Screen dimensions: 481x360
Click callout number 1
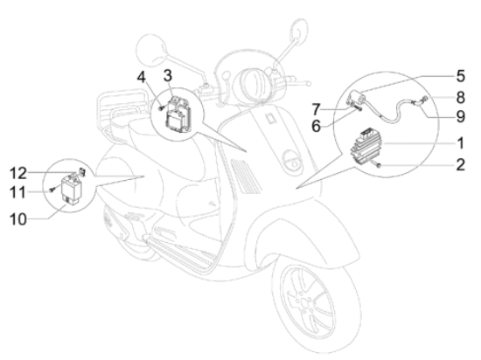(x=460, y=143)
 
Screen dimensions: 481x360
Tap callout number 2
(x=460, y=165)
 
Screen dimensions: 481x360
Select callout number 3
(x=168, y=76)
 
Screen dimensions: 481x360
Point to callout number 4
(x=141, y=77)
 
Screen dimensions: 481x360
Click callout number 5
(x=461, y=76)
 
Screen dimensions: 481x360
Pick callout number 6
(x=316, y=126)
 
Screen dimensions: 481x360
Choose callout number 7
(x=317, y=109)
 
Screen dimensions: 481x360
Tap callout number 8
(x=461, y=98)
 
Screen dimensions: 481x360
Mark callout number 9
(x=461, y=117)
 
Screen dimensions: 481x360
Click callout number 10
(x=18, y=219)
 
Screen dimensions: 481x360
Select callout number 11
(x=17, y=193)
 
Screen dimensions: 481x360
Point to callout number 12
(x=18, y=173)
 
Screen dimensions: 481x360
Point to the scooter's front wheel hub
(x=304, y=303)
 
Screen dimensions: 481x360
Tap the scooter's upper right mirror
(x=298, y=29)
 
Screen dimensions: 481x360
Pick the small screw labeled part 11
(x=52, y=190)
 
